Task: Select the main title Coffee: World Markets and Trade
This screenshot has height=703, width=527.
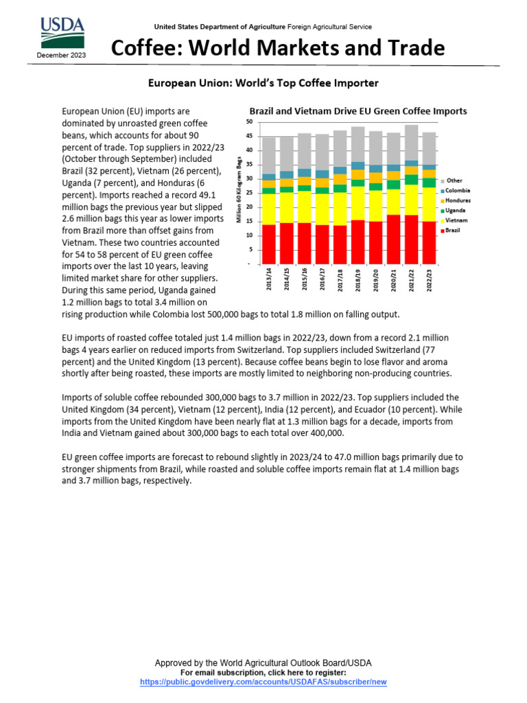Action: pos(278,48)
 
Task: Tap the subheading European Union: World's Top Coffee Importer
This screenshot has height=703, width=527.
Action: pos(263,83)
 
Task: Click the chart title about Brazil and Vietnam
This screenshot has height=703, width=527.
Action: pos(358,111)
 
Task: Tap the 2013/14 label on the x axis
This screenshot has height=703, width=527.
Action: pos(268,280)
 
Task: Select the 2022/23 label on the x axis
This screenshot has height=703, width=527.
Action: pos(429,280)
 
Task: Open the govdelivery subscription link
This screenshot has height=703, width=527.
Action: pos(263,682)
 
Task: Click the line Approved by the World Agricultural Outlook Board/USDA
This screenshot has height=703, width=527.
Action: pos(263,662)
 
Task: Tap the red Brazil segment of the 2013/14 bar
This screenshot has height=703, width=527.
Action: pos(269,244)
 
